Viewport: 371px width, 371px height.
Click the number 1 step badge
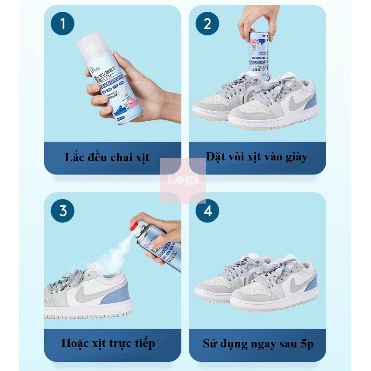pos(63,24)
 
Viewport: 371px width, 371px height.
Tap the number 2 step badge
pos(208,24)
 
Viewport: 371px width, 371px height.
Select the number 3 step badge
pos(63,211)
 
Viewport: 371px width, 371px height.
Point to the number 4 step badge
pos(208,211)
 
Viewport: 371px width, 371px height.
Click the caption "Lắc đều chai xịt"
pos(107,157)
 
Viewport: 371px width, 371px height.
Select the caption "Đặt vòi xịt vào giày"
pos(257,157)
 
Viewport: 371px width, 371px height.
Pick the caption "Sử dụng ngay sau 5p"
pos(258,344)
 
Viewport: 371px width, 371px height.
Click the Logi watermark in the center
pos(183,180)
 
